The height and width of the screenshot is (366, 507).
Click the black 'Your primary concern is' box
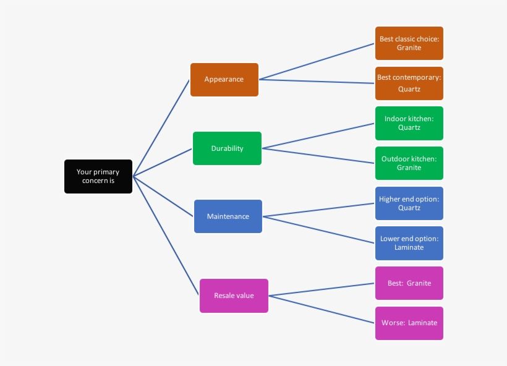tap(98, 176)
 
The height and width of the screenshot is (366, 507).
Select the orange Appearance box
tap(224, 80)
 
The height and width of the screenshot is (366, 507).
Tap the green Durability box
tap(227, 148)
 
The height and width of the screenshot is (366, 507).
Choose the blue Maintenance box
tap(228, 216)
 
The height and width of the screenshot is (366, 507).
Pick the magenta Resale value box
tap(234, 296)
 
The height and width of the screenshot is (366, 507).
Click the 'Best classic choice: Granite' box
tap(409, 43)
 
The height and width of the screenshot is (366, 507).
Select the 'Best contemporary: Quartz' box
tap(409, 83)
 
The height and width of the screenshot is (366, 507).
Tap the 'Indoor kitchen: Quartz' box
tap(409, 123)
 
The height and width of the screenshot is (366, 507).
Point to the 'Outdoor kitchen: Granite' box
tap(409, 163)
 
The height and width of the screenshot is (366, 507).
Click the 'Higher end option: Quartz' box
tap(409, 203)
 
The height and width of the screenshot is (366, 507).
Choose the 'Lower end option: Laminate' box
tap(409, 243)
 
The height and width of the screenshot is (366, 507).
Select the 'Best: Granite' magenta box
tap(409, 283)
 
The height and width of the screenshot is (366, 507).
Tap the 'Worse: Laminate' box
tap(409, 323)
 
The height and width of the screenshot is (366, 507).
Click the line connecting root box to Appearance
tap(161, 128)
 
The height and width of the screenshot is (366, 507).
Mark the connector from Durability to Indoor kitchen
tap(318, 135)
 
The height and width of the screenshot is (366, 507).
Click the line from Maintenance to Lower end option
tap(318, 229)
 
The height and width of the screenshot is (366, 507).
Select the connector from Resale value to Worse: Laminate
tap(322, 309)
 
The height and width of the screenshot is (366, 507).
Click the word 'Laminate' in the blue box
tap(409, 247)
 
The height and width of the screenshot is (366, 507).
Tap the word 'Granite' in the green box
tap(409, 168)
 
